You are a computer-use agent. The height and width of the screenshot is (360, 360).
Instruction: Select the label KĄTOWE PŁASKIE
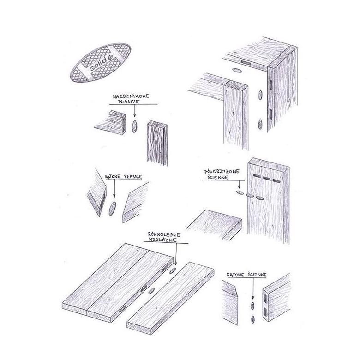coord(126,176)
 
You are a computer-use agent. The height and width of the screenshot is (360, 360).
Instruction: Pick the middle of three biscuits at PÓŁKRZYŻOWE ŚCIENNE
coord(250,195)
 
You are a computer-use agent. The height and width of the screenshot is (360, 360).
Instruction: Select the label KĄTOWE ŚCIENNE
coord(246,276)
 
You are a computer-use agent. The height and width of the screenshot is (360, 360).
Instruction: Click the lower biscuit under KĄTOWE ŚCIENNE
coord(252,318)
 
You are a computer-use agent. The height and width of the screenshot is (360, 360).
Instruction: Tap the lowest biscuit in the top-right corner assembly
coord(261,124)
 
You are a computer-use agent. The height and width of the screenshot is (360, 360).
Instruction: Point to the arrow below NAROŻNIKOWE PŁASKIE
coord(134,111)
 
